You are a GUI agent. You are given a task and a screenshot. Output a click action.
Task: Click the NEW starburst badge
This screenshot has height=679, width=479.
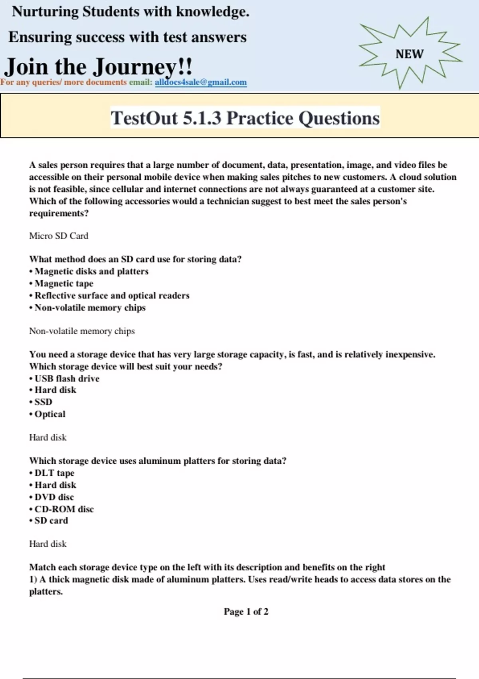[410, 54]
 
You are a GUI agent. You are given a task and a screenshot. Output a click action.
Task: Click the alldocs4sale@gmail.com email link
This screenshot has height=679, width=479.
[200, 82]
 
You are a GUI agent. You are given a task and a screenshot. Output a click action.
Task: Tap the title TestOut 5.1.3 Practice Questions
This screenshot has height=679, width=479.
[245, 118]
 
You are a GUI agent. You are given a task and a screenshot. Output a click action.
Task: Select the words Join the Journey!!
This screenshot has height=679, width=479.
[98, 66]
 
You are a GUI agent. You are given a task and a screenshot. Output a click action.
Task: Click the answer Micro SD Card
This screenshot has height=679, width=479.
[59, 236]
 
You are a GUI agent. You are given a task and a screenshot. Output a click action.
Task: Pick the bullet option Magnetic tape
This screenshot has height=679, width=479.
[64, 284]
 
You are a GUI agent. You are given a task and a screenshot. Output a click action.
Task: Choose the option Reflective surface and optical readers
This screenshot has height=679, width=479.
[112, 296]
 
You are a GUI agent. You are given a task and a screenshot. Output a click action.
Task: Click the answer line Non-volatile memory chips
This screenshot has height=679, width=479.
[82, 331]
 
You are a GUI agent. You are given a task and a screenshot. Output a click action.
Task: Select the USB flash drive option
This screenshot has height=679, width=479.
[67, 378]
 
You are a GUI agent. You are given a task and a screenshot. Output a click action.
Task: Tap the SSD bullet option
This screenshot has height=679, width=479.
[43, 402]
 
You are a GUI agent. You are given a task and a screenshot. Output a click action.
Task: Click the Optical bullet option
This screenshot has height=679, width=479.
[49, 414]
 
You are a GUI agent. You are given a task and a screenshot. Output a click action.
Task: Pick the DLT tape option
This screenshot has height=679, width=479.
[54, 473]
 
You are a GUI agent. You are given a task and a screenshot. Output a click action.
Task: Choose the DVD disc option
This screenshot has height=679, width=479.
[54, 497]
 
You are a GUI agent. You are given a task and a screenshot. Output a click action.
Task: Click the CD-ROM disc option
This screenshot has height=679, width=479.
[64, 509]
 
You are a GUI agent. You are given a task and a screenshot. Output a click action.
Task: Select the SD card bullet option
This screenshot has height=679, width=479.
[51, 520]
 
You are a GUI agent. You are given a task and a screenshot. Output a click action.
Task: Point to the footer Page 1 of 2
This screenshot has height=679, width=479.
[246, 611]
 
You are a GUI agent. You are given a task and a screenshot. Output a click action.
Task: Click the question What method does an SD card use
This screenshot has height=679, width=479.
[135, 259]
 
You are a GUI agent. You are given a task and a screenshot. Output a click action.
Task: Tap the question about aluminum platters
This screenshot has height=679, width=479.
[158, 461]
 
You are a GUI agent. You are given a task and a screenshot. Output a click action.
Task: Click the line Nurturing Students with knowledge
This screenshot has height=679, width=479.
[131, 12]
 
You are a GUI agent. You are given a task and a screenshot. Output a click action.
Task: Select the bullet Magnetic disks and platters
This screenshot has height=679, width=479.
[91, 272]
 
